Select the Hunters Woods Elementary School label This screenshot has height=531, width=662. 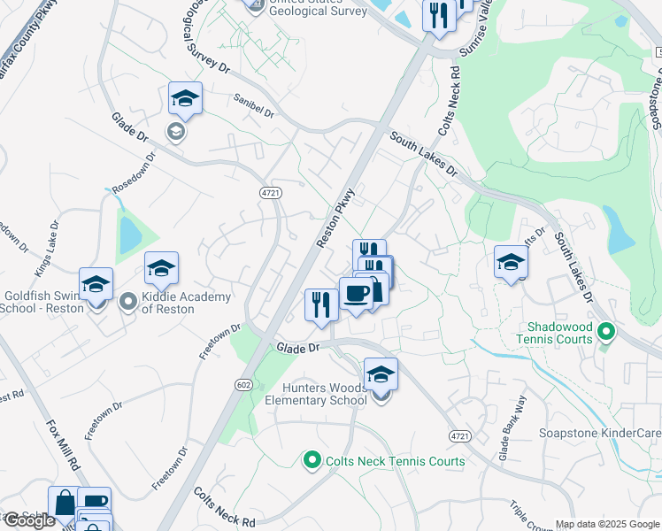pos(316,393)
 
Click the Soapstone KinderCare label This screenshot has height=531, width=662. pos(600,434)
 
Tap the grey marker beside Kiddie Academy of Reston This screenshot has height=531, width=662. pos(129,303)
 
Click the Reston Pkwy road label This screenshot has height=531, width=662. pos(335,217)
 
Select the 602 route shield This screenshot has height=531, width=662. pos(244,383)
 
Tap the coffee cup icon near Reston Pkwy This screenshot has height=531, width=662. pos(356,293)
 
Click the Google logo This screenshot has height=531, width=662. pos(28,520)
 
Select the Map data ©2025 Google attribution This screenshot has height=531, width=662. pos(606,524)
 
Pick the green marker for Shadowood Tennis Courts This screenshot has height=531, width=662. pos(606,333)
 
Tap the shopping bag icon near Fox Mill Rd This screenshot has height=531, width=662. pos(65,503)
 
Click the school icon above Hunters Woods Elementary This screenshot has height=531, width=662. pos(381,373)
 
